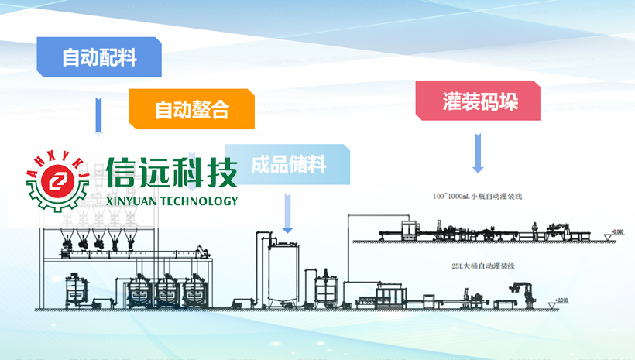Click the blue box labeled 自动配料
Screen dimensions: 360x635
(x=99, y=57)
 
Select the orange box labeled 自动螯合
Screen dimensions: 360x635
(x=191, y=109)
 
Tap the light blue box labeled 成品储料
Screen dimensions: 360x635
(x=288, y=164)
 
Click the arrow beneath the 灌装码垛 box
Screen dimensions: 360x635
(x=478, y=153)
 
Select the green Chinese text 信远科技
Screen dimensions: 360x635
(x=172, y=172)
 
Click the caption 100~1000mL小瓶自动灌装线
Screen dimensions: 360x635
(x=477, y=196)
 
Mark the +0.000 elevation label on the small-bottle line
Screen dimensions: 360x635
(x=616, y=231)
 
